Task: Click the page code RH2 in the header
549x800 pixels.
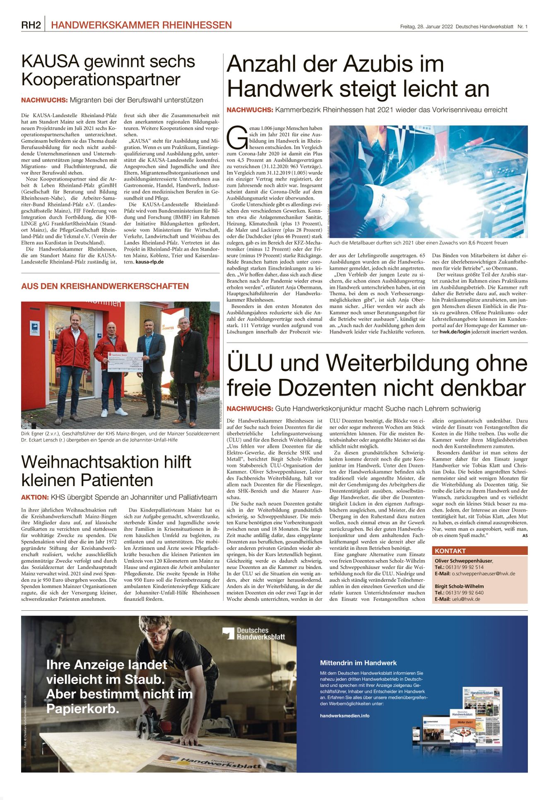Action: tap(31, 25)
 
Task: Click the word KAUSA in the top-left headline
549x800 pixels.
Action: tap(50, 62)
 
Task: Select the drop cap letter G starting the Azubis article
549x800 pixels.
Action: tap(237, 138)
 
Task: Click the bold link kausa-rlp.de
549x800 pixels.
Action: tap(149, 262)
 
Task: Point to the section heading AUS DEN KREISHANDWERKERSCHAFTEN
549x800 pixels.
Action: tap(105, 286)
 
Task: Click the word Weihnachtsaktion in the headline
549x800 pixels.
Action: tap(106, 462)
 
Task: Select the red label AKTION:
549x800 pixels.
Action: tap(35, 497)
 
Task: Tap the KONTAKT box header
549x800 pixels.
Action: tap(450, 551)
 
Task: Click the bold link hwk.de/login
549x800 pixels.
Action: tap(455, 332)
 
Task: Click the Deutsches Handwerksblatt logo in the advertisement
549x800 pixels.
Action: tap(253, 634)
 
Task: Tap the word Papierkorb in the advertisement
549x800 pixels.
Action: tap(82, 708)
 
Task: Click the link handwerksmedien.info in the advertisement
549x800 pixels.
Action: tap(344, 716)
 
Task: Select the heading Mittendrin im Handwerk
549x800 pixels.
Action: tap(358, 663)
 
